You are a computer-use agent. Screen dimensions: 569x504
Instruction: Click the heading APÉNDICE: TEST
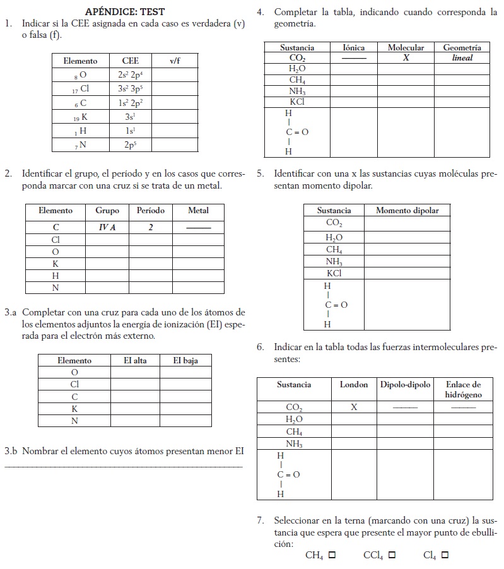click(x=125, y=12)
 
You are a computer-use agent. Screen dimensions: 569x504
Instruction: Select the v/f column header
click(x=175, y=61)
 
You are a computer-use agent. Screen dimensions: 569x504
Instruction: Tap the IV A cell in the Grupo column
click(x=107, y=227)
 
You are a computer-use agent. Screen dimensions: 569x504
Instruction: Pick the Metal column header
click(x=198, y=210)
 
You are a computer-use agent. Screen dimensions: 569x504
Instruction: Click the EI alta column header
click(x=136, y=360)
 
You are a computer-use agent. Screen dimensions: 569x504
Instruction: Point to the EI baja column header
click(x=185, y=360)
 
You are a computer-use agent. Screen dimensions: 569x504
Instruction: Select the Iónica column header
click(x=354, y=47)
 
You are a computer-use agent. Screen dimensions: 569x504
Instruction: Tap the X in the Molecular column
click(x=406, y=58)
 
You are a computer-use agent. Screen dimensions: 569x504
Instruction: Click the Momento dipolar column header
click(x=407, y=210)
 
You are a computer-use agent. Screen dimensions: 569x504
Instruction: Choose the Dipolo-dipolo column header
click(x=405, y=384)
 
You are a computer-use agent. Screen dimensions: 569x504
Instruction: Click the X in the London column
click(x=354, y=407)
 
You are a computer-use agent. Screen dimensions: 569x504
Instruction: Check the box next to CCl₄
click(x=392, y=555)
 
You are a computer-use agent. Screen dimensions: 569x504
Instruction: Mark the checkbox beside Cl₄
click(x=445, y=555)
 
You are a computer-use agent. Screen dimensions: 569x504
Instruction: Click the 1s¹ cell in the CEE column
click(x=131, y=130)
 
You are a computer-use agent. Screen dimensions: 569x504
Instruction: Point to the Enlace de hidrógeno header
click(x=463, y=389)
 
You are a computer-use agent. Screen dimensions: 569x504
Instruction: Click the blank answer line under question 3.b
click(x=123, y=466)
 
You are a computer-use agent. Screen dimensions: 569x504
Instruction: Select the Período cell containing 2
click(x=151, y=227)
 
